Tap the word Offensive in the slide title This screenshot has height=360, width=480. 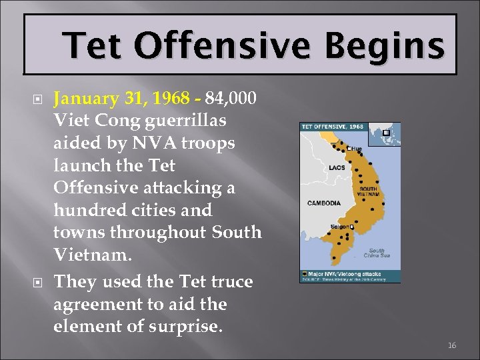pos(219,47)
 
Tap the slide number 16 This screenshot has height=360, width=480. pos(452,345)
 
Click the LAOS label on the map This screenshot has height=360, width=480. pos(337,167)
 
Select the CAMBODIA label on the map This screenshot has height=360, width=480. pos(324,203)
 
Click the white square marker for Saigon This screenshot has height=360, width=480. pos(351,227)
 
